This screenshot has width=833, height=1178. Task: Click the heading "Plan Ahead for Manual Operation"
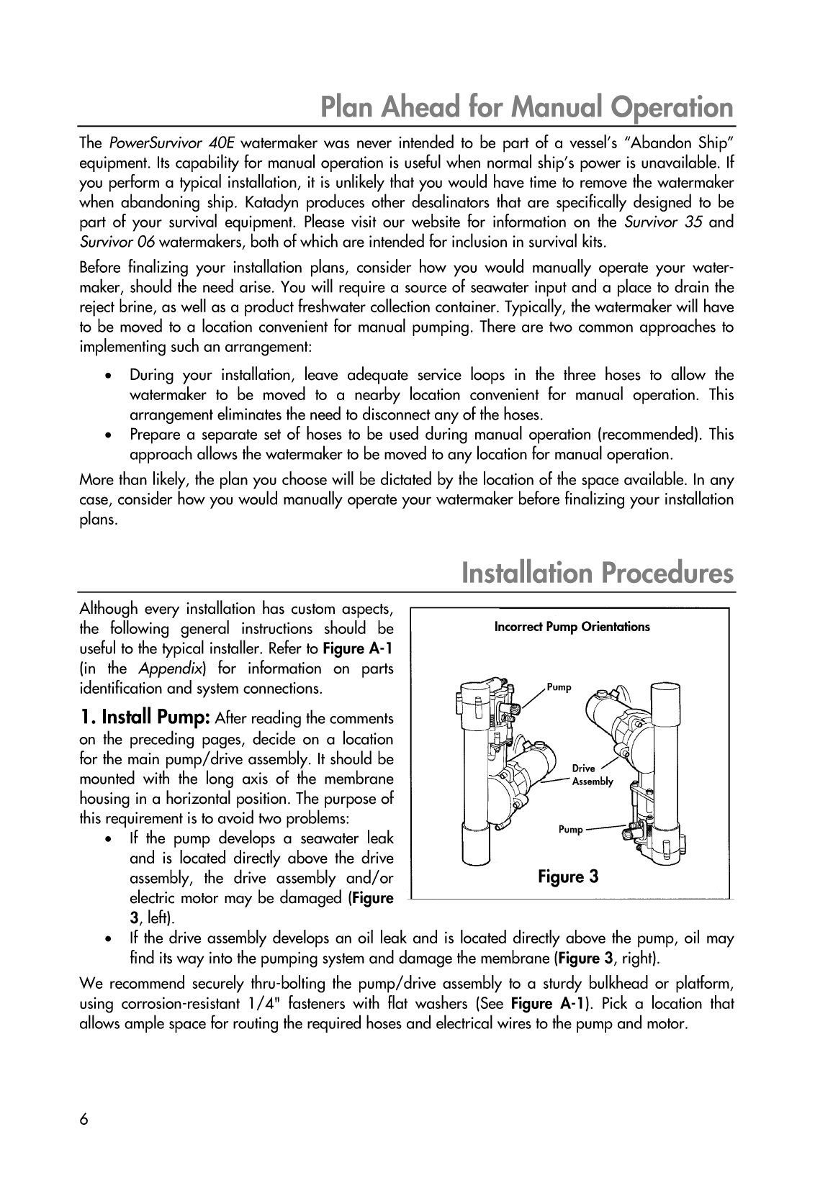(526, 107)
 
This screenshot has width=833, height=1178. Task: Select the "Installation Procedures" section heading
(598, 574)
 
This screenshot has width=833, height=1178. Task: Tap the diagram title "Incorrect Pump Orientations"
(572, 627)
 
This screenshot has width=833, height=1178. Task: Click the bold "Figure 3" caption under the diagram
(569, 876)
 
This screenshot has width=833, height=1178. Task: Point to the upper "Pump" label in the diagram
(559, 687)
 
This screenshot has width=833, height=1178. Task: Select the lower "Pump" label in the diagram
(571, 830)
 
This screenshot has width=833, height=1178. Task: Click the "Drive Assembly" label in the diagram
(592, 775)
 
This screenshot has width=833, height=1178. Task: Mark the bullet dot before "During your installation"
(108, 376)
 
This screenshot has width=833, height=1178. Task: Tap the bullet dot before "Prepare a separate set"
(108, 435)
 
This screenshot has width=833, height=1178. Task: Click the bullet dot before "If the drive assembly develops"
(108, 939)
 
